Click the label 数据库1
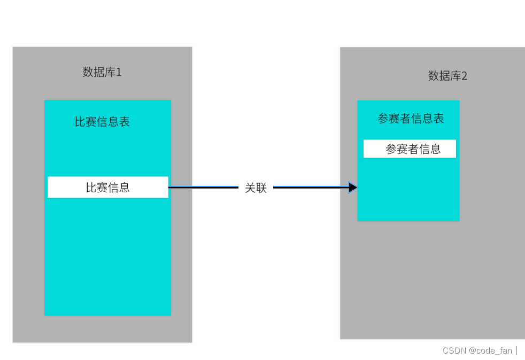tap(102, 72)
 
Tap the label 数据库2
tap(447, 76)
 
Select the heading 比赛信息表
tap(102, 122)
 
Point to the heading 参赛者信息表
tap(411, 119)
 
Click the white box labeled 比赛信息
tap(107, 187)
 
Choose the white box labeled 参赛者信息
tap(410, 149)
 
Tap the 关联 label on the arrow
tap(256, 187)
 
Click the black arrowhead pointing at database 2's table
tap(353, 187)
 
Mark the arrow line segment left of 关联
tap(203, 187)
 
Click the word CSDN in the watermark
tap(454, 350)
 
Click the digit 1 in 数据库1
tap(119, 72)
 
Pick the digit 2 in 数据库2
tap(464, 76)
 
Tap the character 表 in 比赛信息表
tap(125, 122)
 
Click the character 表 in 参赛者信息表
tap(438, 119)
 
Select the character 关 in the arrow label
tap(250, 187)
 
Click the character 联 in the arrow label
tap(261, 187)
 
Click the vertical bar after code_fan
tap(516, 350)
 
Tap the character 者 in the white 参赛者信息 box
tap(413, 149)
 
